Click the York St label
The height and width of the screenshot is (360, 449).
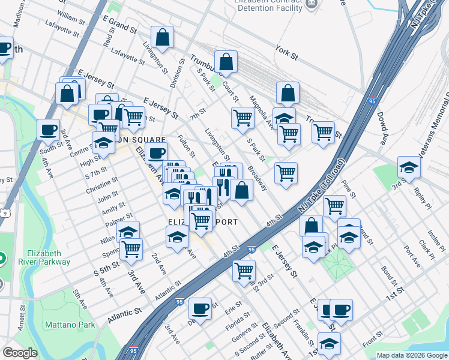click(x=286, y=54)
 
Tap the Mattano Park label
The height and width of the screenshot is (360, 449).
click(x=70, y=325)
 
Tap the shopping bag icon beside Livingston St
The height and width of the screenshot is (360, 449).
click(x=163, y=38)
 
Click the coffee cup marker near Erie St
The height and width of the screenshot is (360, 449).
click(x=200, y=310)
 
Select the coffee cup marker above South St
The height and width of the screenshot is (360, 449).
click(x=48, y=130)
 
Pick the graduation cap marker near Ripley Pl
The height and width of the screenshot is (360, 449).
click(x=409, y=168)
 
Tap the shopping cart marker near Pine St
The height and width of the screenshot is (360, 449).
click(x=334, y=206)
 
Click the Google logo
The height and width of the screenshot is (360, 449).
click(x=20, y=353)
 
